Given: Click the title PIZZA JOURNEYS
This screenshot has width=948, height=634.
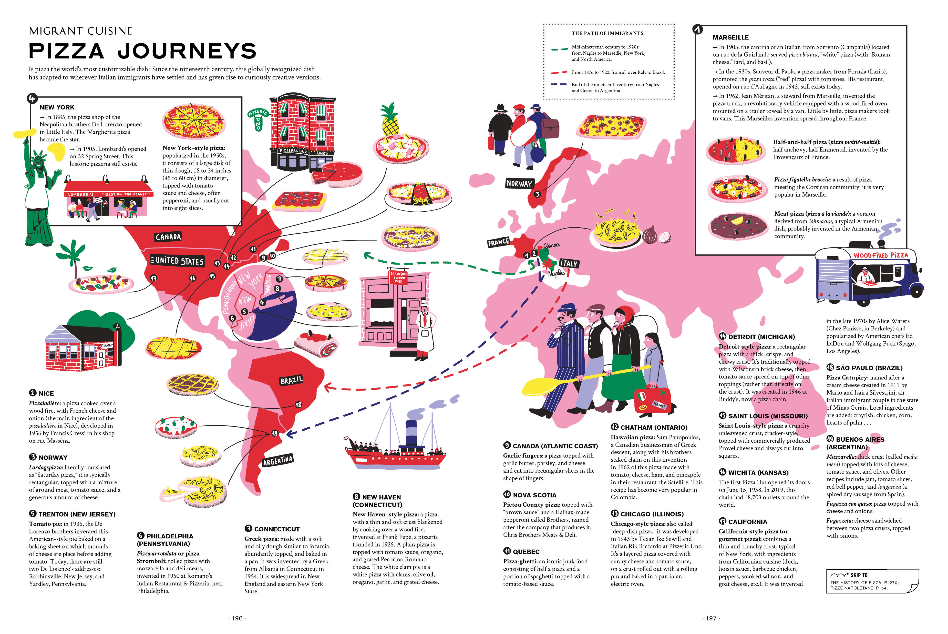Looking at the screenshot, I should (x=143, y=51).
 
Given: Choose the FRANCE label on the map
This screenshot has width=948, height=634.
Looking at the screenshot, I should (x=498, y=242).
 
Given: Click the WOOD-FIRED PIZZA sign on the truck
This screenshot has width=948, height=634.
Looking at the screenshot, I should (x=880, y=255).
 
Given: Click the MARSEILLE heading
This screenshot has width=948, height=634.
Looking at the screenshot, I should (x=730, y=37).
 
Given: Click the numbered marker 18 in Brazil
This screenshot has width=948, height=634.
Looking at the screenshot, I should (x=298, y=404).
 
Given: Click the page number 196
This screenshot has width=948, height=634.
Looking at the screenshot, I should (x=237, y=618).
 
